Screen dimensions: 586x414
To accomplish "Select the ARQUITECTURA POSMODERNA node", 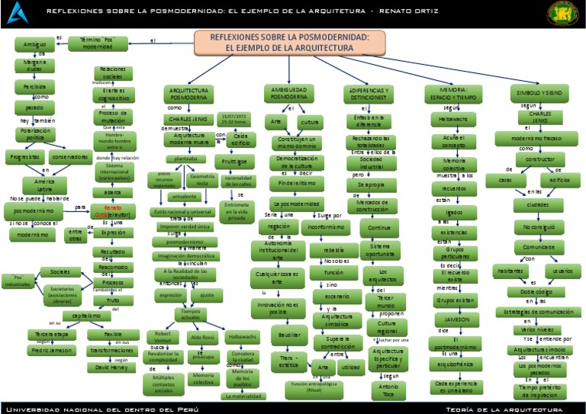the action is tap(188, 94).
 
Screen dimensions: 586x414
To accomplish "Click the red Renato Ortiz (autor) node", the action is tap(113, 210).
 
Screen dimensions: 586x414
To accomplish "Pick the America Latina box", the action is tap(44, 185).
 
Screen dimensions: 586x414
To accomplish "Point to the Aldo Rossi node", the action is tap(202, 336).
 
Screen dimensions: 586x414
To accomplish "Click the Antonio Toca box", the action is tap(385, 390).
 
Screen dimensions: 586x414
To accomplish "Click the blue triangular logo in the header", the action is tap(18, 12).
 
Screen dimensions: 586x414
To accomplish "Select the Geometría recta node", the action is tap(202, 180).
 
